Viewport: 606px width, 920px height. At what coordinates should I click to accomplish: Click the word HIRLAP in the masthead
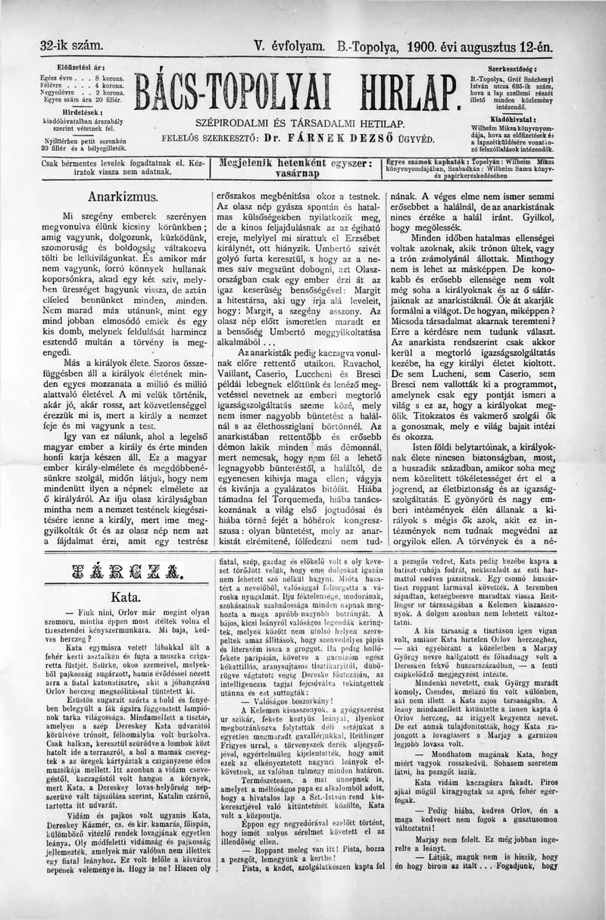[x=394, y=93]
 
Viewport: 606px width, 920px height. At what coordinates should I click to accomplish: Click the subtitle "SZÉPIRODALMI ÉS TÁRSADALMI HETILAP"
[x=300, y=123]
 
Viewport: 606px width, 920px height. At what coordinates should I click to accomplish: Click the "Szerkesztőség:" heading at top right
[x=534, y=67]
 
